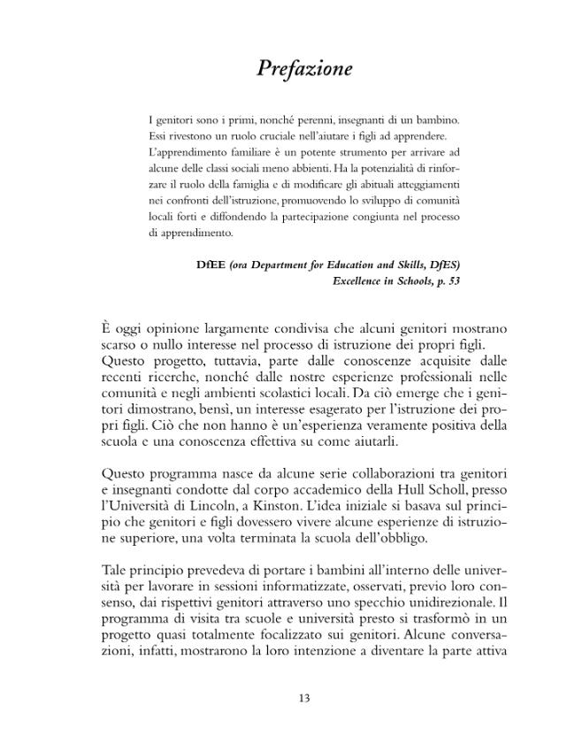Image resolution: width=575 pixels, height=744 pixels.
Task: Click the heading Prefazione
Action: click(x=304, y=68)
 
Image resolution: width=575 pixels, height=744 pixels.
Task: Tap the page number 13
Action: click(x=303, y=698)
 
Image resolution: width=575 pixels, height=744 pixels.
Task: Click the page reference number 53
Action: click(x=453, y=280)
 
